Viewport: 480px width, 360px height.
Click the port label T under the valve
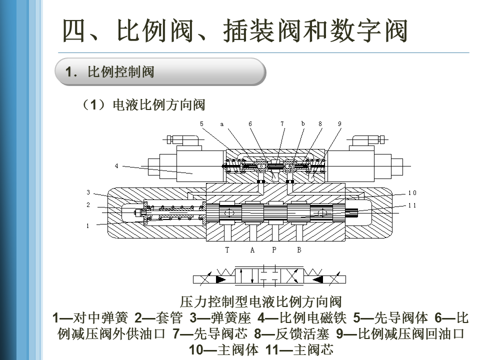(x=227, y=250)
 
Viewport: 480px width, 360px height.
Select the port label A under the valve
(x=252, y=250)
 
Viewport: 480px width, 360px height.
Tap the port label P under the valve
(x=274, y=250)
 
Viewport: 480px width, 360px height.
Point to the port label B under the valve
(x=299, y=250)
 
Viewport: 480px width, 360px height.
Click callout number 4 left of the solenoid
(x=117, y=166)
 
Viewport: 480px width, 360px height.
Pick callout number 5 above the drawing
(x=201, y=123)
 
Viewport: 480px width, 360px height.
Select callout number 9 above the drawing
(x=339, y=123)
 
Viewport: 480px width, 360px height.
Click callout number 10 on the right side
(x=412, y=193)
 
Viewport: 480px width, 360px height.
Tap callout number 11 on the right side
(x=412, y=205)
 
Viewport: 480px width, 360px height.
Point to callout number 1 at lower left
(x=88, y=225)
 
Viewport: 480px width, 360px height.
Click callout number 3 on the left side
(x=88, y=192)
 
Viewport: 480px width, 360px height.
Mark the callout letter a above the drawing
(x=221, y=124)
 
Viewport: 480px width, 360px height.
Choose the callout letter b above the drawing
(x=303, y=123)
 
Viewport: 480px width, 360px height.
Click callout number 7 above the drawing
(x=282, y=123)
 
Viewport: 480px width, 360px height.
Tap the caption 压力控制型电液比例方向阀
(x=260, y=302)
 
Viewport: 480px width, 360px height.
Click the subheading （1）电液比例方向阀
(x=143, y=105)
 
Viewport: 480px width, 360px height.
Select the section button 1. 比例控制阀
(x=160, y=72)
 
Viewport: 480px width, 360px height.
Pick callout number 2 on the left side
(x=88, y=205)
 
